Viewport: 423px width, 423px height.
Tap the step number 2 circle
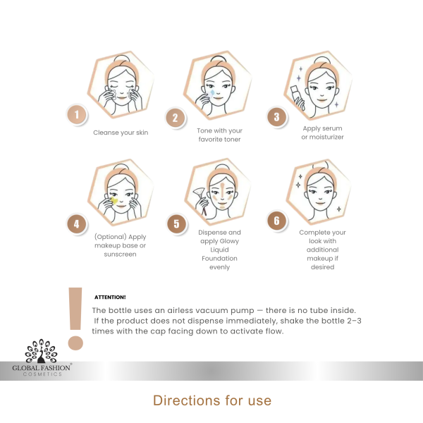click(x=176, y=118)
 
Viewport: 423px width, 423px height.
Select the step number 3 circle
click(x=277, y=117)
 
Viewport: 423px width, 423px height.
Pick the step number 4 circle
click(x=75, y=225)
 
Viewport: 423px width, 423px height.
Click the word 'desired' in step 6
click(x=322, y=267)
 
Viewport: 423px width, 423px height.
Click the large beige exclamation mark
click(x=75, y=317)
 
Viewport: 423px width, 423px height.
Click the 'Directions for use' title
click(x=211, y=400)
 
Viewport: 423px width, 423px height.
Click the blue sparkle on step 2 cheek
click(x=211, y=92)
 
